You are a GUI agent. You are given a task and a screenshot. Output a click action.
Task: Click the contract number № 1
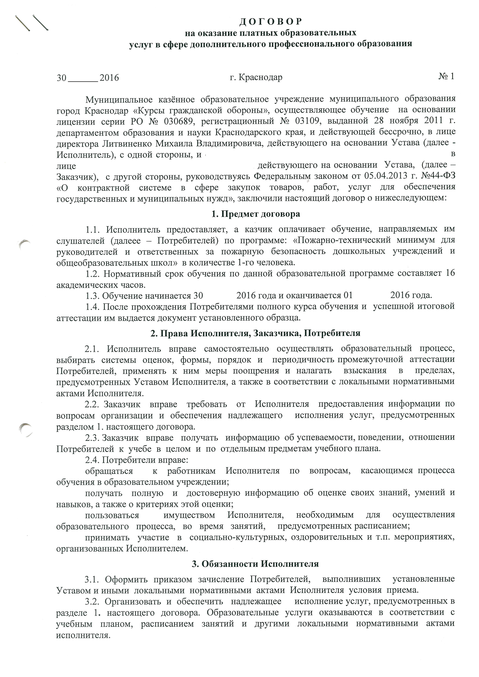coord(446,77)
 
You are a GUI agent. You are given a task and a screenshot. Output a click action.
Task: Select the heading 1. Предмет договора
coord(256,214)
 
